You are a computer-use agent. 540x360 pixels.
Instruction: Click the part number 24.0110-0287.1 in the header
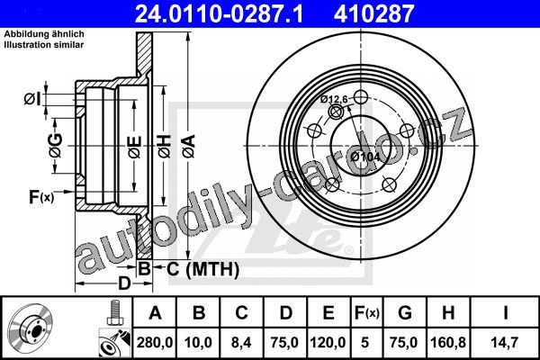[x=219, y=13]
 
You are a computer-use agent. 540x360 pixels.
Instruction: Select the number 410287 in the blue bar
[x=373, y=13]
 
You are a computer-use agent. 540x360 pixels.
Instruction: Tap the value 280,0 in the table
[x=155, y=342]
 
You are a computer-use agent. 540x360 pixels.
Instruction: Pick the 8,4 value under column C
[x=241, y=342]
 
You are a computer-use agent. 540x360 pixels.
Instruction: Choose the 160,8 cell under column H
[x=448, y=342]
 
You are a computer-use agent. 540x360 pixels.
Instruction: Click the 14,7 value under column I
[x=505, y=342]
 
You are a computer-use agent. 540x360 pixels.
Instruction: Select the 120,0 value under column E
[x=328, y=342]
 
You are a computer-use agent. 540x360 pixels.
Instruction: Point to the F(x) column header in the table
[x=367, y=313]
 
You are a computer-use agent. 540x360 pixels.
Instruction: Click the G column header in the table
[x=405, y=313]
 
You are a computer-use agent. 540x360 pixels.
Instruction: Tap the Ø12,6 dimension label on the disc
[x=334, y=99]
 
